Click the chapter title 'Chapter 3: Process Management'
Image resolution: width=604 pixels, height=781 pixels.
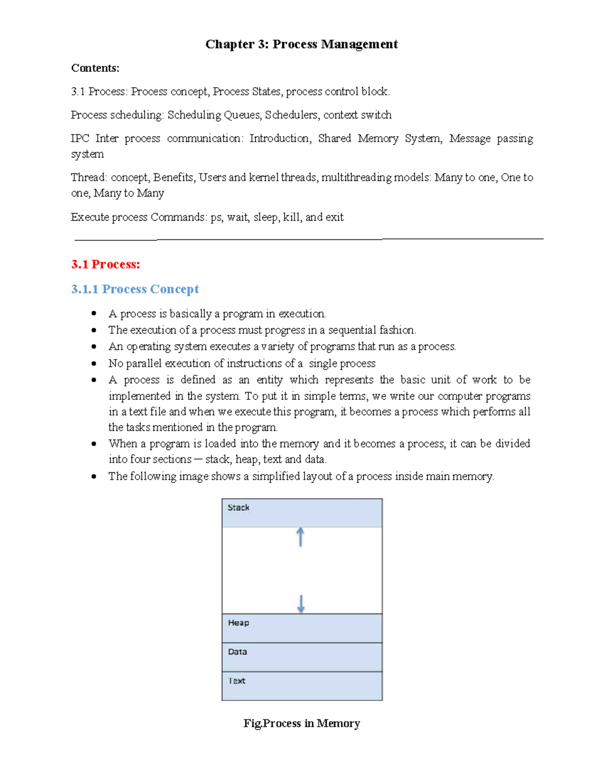click(x=301, y=44)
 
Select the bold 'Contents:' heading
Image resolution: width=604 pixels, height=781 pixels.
click(x=95, y=68)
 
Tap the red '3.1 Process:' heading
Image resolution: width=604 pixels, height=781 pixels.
click(x=106, y=264)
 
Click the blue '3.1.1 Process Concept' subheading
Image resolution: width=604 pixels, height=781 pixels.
click(x=135, y=289)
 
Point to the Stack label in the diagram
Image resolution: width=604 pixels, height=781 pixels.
click(x=238, y=507)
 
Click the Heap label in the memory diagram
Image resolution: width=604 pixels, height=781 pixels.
click(x=238, y=623)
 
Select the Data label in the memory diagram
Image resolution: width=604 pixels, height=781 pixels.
click(x=237, y=652)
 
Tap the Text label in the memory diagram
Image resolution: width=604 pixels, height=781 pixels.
click(x=237, y=681)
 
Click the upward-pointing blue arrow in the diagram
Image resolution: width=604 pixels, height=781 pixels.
click(x=300, y=537)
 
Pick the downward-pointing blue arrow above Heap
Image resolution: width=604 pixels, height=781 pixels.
click(x=301, y=603)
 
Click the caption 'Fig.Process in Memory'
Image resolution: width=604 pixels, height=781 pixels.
click(x=301, y=723)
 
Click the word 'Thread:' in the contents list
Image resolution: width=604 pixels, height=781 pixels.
click(x=89, y=178)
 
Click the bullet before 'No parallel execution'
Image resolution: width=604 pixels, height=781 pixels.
click(x=94, y=363)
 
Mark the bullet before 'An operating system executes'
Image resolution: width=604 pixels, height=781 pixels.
click(x=94, y=346)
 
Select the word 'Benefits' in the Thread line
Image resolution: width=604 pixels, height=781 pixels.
click(x=174, y=178)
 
